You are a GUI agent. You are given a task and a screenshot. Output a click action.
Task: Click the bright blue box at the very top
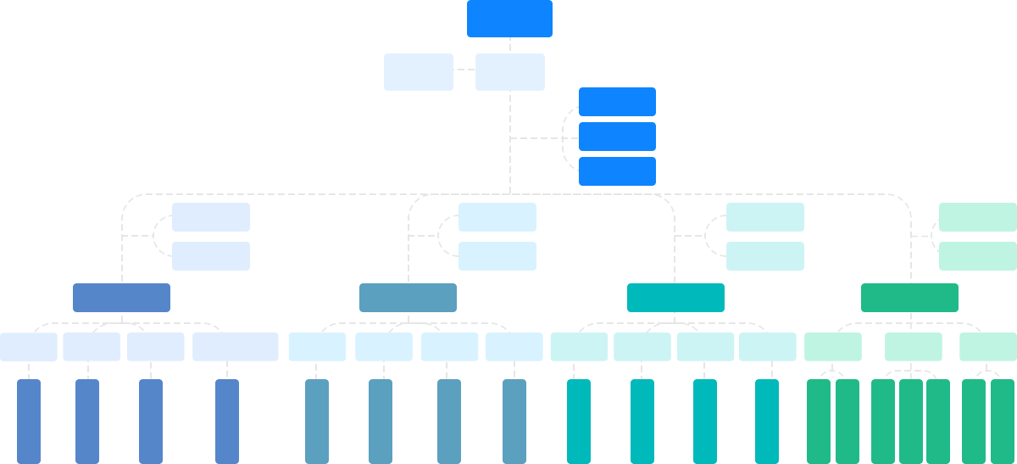coord(509,19)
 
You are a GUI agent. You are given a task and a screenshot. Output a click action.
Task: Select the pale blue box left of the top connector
coord(418,71)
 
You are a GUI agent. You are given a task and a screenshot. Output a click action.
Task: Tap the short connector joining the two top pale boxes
coord(464,70)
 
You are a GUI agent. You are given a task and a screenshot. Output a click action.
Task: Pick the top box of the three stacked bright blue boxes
coord(617,101)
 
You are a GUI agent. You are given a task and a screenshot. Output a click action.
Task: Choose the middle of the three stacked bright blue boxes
coord(617,136)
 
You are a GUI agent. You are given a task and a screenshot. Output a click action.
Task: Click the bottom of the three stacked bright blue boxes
coord(617,171)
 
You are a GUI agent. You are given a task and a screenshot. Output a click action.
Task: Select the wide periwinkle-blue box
coord(121,297)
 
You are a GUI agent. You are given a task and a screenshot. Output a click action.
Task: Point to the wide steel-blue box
coord(408,297)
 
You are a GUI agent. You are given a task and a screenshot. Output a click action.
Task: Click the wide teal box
coord(675,297)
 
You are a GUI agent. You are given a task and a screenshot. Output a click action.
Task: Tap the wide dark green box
coord(909,297)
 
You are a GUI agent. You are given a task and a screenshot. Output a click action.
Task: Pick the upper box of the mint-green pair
coord(977,216)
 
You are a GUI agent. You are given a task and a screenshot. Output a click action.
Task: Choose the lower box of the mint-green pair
coord(977,255)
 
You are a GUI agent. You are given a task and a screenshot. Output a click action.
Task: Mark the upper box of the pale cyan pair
coord(765,216)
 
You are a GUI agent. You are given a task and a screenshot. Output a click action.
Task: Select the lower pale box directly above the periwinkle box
coord(210,255)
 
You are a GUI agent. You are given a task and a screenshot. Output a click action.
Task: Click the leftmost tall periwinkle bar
coord(29,421)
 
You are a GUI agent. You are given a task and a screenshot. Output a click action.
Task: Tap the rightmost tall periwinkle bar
coord(227,421)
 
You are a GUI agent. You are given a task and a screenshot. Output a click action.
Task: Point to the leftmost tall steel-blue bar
coord(317,421)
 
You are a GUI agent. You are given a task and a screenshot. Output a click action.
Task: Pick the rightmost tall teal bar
coord(767,421)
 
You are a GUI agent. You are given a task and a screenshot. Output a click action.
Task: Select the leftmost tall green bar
coord(819,421)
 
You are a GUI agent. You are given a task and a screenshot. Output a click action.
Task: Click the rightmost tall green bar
coord(1003,421)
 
